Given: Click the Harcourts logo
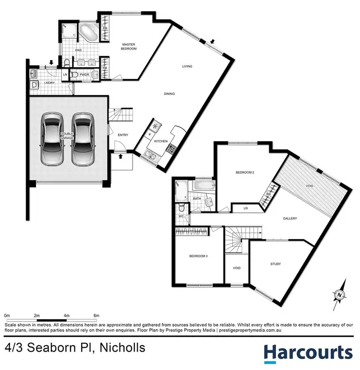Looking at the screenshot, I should coord(308,353).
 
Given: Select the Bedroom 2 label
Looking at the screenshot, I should coord(245,173).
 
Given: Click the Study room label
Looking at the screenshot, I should coord(276,264).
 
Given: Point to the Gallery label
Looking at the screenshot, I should coord(290,218).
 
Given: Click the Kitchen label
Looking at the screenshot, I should coord(160,142).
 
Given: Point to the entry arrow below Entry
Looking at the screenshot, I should coord(120,155).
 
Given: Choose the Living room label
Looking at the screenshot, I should coord(187,66).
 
